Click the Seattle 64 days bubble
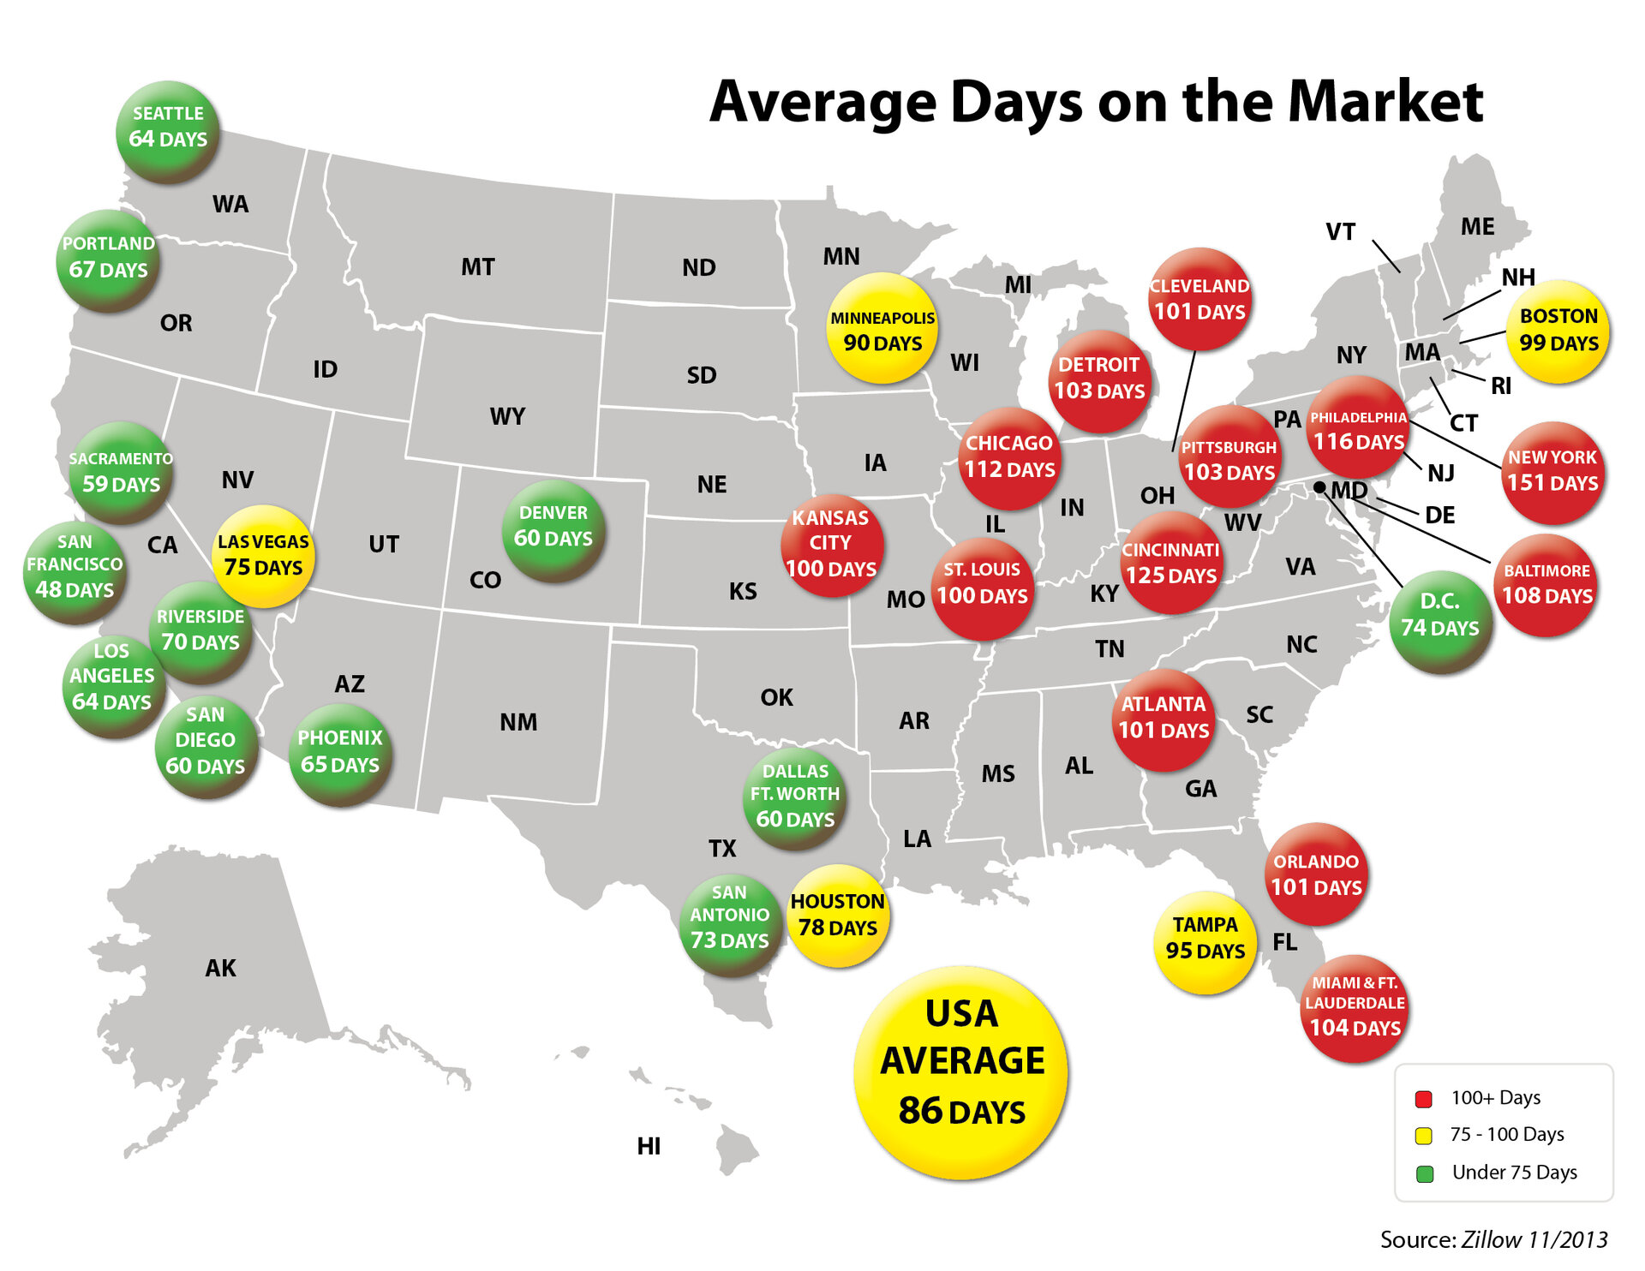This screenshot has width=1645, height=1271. [x=168, y=130]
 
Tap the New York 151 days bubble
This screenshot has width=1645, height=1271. [x=1552, y=472]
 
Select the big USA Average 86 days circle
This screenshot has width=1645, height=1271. [x=961, y=1071]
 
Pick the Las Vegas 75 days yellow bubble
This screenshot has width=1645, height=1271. [x=263, y=556]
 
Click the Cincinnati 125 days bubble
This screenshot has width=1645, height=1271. [x=1171, y=563]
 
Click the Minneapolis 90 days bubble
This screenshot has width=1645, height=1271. [x=882, y=328]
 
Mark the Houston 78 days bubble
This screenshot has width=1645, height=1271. [x=837, y=916]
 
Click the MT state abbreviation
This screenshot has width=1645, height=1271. [x=477, y=267]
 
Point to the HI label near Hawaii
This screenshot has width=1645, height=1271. [x=649, y=1146]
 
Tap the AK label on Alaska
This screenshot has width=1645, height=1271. [x=220, y=968]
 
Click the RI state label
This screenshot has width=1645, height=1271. [x=1501, y=386]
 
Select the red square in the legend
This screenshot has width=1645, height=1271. [x=1424, y=1099]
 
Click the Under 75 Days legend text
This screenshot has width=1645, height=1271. [x=1514, y=1173]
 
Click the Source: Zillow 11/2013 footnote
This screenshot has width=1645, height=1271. [x=1493, y=1239]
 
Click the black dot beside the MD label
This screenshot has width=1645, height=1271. [x=1319, y=487]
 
